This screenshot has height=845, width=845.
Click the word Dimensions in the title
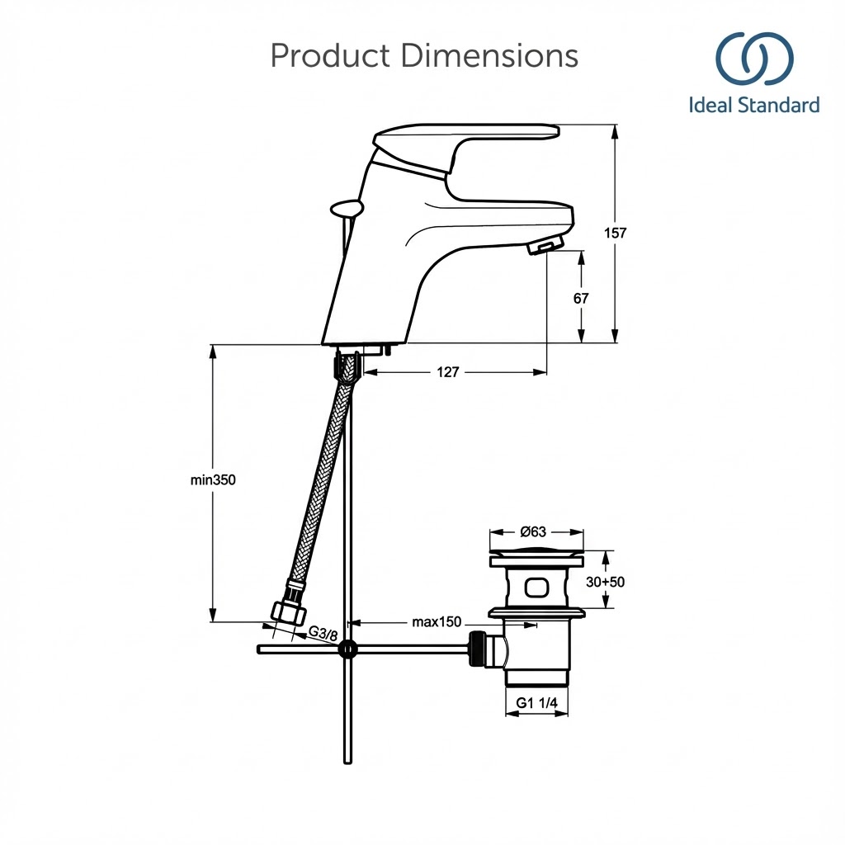click(x=489, y=56)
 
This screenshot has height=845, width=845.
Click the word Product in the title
click(x=329, y=56)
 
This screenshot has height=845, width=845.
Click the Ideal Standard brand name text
click(x=754, y=106)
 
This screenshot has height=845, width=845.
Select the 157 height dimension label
click(x=615, y=233)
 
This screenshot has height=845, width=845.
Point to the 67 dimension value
click(x=581, y=298)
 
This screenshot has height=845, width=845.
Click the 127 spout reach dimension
click(x=447, y=372)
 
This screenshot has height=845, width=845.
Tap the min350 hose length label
click(x=213, y=479)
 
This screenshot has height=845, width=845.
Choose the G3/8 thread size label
click(x=323, y=633)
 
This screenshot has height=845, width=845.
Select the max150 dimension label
click(x=437, y=621)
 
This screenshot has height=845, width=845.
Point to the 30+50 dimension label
click(x=605, y=582)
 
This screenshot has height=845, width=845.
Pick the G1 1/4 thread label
click(x=536, y=703)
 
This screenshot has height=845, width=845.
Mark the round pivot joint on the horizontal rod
click(x=348, y=649)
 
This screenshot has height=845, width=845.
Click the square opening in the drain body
click(x=536, y=588)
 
